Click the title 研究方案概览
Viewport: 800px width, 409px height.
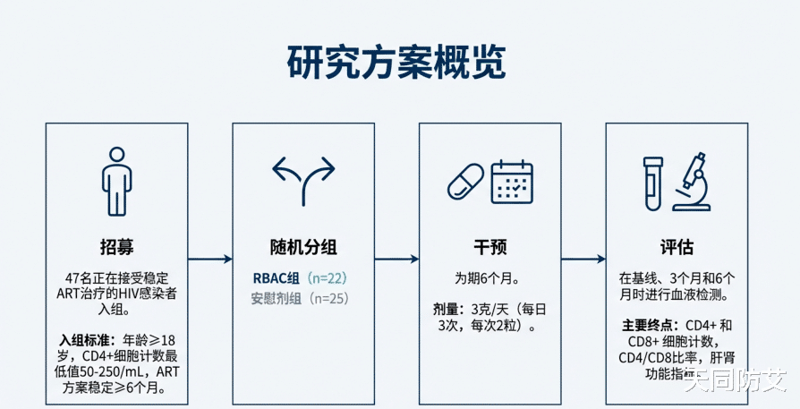[396, 62]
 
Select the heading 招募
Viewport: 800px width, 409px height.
[116, 247]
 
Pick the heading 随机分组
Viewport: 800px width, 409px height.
[303, 247]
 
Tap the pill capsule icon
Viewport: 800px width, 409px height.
[465, 183]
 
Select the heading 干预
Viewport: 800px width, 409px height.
[489, 247]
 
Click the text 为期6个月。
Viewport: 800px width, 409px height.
[489, 278]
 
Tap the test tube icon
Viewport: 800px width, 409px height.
[653, 183]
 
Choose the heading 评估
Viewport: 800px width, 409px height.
[677, 247]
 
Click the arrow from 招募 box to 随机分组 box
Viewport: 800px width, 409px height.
[210, 260]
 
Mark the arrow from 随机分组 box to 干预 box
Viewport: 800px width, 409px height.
[396, 260]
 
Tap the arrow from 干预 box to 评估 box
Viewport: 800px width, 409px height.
[583, 260]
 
